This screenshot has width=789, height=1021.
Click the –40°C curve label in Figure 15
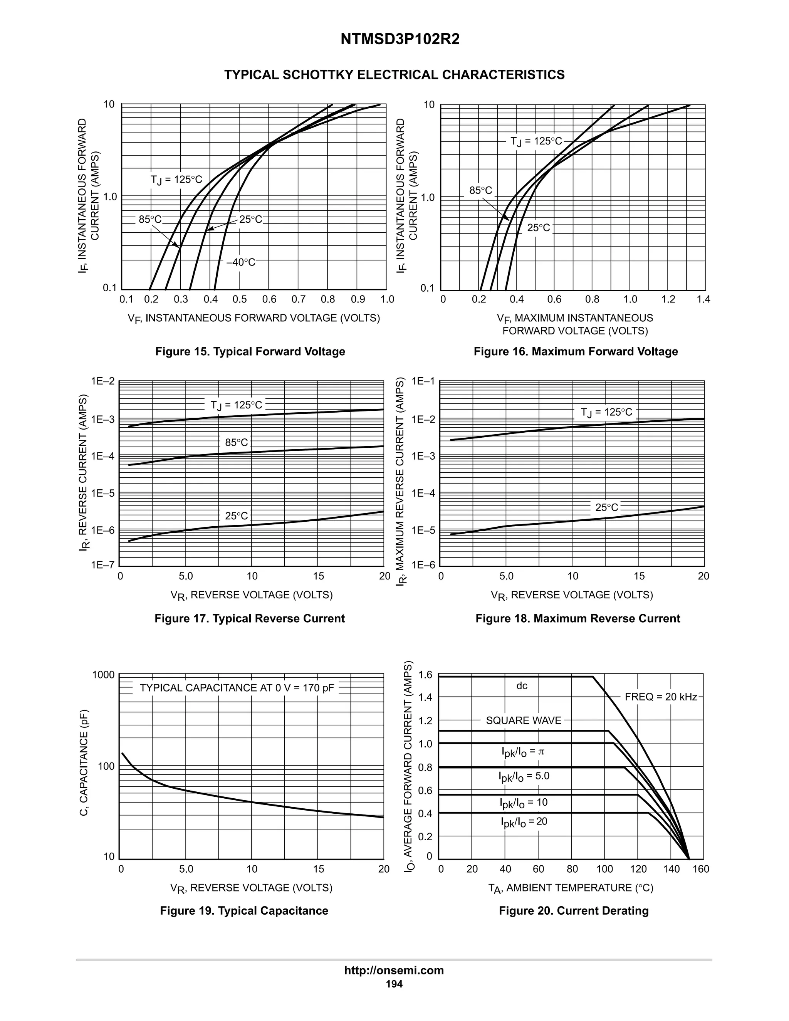(x=241, y=263)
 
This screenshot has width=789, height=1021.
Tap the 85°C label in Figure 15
(x=149, y=219)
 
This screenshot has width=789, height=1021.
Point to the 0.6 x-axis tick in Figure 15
(x=269, y=299)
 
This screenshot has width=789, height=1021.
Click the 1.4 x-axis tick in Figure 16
(x=703, y=299)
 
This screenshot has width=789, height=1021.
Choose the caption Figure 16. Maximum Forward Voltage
(x=576, y=351)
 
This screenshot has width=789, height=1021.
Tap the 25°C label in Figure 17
(x=237, y=516)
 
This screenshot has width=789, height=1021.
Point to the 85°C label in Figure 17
(x=237, y=442)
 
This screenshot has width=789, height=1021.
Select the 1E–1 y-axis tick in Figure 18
(x=423, y=381)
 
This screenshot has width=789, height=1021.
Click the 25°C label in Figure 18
(x=607, y=508)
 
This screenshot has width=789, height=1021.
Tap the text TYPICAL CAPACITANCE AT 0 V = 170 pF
(x=237, y=688)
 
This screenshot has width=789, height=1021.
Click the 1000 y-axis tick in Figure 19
(x=103, y=675)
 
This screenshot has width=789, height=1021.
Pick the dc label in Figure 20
(x=522, y=686)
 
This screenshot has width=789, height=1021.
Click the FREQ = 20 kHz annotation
(x=660, y=697)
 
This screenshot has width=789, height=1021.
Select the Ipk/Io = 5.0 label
(x=524, y=776)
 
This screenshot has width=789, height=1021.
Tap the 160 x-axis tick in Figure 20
(x=701, y=869)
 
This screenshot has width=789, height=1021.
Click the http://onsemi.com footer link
(x=394, y=971)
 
